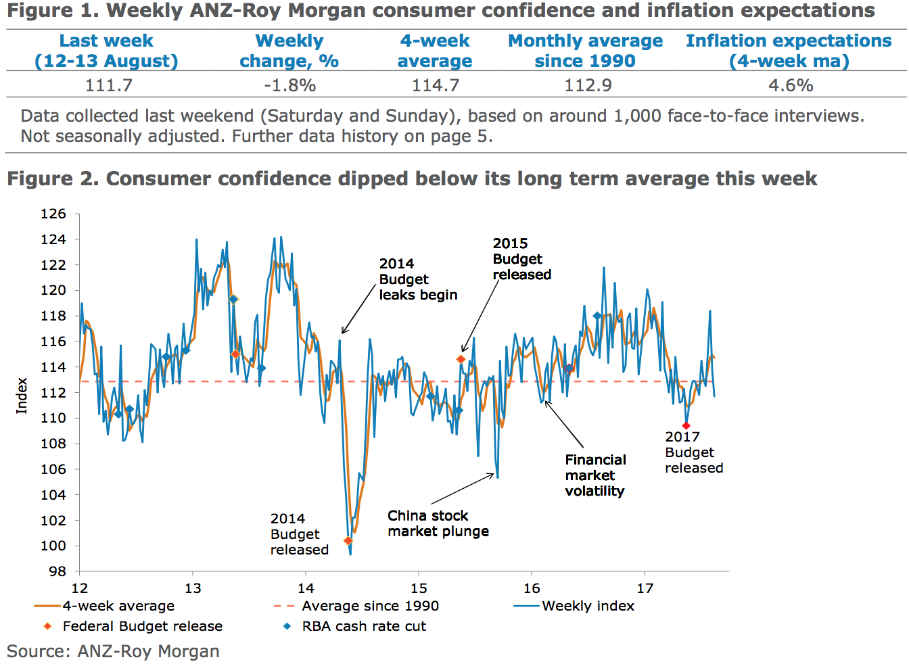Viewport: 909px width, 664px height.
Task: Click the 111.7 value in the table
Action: [108, 86]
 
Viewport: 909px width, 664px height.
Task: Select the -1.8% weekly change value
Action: [289, 86]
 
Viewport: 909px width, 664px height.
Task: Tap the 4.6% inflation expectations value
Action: [790, 86]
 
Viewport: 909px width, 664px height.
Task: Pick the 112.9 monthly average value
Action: [588, 86]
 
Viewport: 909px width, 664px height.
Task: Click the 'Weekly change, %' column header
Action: [289, 51]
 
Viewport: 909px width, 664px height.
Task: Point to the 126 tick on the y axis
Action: [53, 214]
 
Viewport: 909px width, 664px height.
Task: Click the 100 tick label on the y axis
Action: [53, 546]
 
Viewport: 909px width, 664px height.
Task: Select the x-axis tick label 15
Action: [419, 588]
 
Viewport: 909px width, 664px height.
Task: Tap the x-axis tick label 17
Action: [645, 588]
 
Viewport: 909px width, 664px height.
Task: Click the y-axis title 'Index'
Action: [22, 396]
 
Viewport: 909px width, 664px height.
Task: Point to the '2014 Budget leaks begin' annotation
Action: [418, 279]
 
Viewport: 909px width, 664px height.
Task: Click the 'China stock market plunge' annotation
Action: [438, 523]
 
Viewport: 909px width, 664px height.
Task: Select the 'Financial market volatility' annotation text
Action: [595, 475]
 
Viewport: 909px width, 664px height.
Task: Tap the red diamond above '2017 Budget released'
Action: [686, 426]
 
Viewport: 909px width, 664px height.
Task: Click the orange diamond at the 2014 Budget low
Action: [348, 541]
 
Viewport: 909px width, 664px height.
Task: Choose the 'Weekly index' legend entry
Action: [588, 607]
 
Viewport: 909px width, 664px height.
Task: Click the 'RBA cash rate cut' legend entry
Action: [363, 627]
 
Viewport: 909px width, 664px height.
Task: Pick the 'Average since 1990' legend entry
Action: [369, 607]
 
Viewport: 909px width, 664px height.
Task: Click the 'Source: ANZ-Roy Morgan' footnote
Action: [113, 651]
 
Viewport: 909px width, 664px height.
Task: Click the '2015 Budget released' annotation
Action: [521, 259]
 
